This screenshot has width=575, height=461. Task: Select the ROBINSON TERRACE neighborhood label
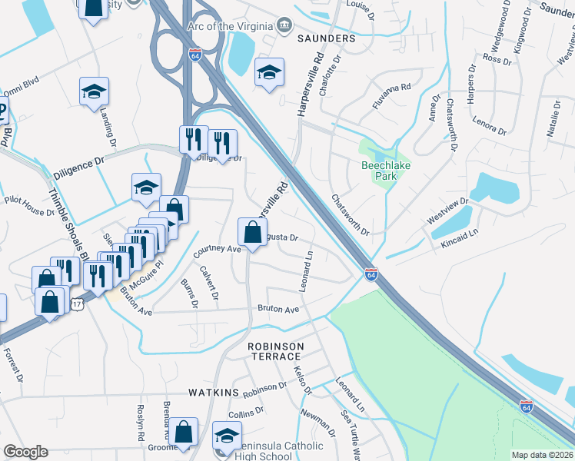tap(274, 352)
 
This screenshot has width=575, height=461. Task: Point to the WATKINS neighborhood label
tap(214, 393)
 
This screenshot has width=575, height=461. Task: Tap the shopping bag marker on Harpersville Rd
tap(252, 230)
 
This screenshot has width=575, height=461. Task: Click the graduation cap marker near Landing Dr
tap(94, 91)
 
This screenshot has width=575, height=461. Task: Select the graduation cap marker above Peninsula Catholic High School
tap(227, 436)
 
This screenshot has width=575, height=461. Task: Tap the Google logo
tap(25, 452)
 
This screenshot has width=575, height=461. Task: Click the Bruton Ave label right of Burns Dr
tap(278, 309)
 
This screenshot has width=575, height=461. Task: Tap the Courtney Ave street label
tap(218, 250)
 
